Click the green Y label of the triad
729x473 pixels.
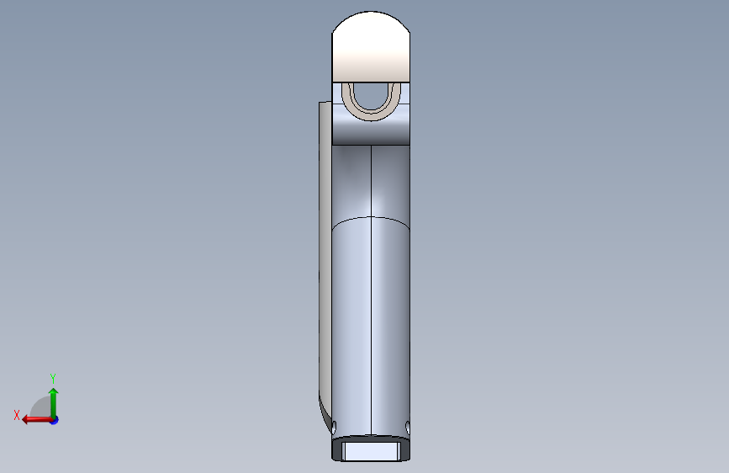(x=53, y=378)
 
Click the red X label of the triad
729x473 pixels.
(x=17, y=415)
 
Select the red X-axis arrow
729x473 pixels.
(x=37, y=420)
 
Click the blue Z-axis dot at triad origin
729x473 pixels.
(x=55, y=420)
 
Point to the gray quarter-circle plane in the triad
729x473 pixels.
(x=41, y=407)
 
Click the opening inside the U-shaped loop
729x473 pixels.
(x=371, y=95)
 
